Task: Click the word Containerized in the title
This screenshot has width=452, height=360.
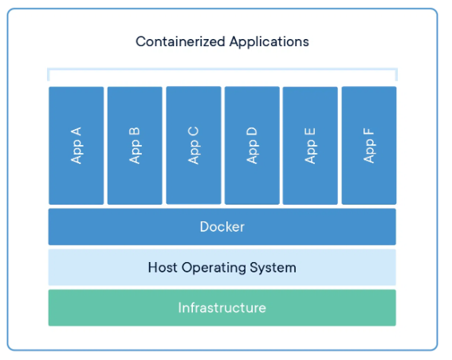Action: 180,41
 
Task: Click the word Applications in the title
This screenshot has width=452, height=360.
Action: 269,42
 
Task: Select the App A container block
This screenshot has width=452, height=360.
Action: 76,146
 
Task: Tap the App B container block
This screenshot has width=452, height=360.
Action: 135,146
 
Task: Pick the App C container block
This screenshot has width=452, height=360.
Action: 194,145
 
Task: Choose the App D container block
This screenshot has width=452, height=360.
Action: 252,146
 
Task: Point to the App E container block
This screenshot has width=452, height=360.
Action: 310,146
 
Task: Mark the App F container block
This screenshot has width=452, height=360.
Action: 369,146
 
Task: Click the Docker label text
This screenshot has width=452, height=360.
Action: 222,227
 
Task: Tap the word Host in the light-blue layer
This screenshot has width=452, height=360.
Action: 163,268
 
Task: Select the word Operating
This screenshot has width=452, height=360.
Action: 214,268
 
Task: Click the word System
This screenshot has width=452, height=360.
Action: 273,268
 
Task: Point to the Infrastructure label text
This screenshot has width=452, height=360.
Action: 222,307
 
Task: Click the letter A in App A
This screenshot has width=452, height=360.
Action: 76,131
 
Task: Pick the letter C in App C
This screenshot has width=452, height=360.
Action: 193,131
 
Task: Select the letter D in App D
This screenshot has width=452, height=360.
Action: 252,131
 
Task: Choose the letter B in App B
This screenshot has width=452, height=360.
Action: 135,131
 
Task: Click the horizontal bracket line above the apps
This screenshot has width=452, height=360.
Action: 222,69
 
